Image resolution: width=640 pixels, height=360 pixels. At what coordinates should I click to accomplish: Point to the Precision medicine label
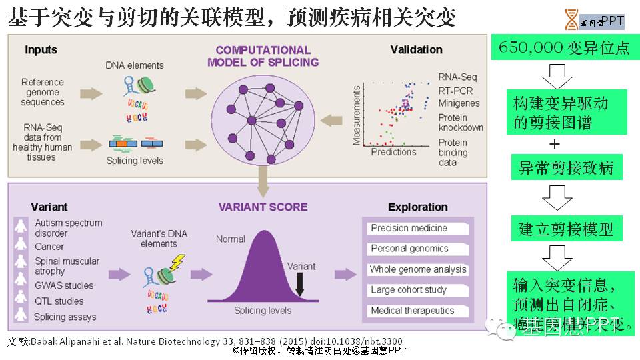point(409,228)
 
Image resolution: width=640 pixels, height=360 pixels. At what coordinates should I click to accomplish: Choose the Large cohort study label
point(409,290)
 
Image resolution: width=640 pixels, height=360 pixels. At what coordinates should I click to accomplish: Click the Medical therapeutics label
point(413,311)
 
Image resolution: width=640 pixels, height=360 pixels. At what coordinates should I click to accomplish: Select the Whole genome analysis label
point(419,270)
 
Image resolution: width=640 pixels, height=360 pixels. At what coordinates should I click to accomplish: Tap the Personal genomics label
point(410,249)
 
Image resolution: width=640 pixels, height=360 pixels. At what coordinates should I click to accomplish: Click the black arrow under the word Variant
point(300,285)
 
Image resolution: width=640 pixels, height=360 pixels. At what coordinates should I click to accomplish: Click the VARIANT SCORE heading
point(263,207)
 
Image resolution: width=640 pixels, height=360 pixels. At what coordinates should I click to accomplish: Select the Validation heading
point(417,49)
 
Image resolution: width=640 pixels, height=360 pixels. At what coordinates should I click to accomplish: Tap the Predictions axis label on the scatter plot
point(393,151)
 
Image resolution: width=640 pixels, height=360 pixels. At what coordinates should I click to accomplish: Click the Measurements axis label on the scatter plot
point(357,115)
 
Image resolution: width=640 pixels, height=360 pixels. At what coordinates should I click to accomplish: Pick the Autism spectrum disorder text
point(69,228)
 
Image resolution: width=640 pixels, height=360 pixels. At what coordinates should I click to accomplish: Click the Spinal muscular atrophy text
point(67,266)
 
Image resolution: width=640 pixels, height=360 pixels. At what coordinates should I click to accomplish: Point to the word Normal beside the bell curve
point(231,238)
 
